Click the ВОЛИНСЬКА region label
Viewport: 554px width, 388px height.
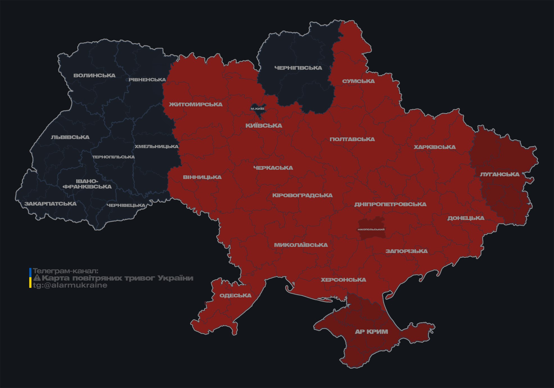tap(94, 75)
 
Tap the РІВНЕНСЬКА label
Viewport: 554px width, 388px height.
tap(147, 80)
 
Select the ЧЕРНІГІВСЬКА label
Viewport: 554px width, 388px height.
tap(298, 68)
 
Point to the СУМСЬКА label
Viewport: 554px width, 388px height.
tap(358, 81)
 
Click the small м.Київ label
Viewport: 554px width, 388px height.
tap(257, 109)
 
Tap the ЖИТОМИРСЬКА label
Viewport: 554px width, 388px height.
tap(196, 105)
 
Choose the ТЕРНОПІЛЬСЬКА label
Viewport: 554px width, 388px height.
tap(114, 157)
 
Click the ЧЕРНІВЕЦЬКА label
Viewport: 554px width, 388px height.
tap(126, 205)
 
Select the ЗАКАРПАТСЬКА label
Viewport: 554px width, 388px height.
tap(50, 204)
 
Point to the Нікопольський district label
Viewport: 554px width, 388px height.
tap(371, 229)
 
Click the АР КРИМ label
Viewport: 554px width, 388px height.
tap(371, 332)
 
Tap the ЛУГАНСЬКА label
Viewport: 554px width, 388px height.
tap(499, 175)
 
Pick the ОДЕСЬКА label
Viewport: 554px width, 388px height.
tap(235, 296)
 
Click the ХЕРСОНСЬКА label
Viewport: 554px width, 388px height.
tap(343, 280)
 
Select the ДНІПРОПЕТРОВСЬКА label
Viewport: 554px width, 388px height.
tap(390, 205)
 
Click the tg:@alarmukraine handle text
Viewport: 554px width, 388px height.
tap(70, 285)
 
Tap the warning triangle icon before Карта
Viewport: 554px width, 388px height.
tap(37, 278)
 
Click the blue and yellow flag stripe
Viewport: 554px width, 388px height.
tap(30, 278)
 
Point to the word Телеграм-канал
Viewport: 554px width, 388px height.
tap(65, 271)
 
